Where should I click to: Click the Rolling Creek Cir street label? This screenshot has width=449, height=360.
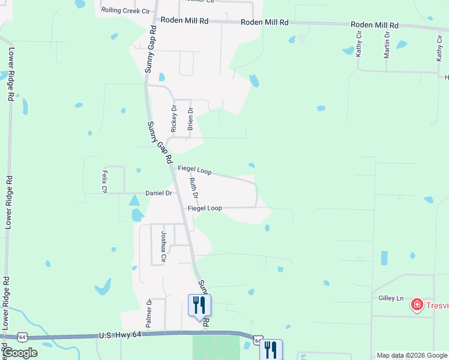125,11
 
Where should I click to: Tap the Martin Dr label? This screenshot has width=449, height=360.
387,45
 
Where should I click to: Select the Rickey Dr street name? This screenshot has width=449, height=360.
173,119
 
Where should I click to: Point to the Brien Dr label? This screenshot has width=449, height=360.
190,119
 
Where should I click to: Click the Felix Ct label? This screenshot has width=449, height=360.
104,182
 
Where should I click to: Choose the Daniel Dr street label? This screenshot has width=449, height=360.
159,193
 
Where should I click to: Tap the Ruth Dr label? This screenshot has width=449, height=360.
193,189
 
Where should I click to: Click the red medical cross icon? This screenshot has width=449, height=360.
417,305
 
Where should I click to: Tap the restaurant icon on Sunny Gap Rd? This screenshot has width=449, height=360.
199,305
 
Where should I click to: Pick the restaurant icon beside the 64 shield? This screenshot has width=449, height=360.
271,350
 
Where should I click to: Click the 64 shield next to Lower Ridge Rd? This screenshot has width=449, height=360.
22,337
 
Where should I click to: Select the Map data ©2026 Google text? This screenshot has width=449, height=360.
412,356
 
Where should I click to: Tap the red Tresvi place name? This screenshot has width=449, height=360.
438,305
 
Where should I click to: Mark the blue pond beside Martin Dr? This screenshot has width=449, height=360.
401,44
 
